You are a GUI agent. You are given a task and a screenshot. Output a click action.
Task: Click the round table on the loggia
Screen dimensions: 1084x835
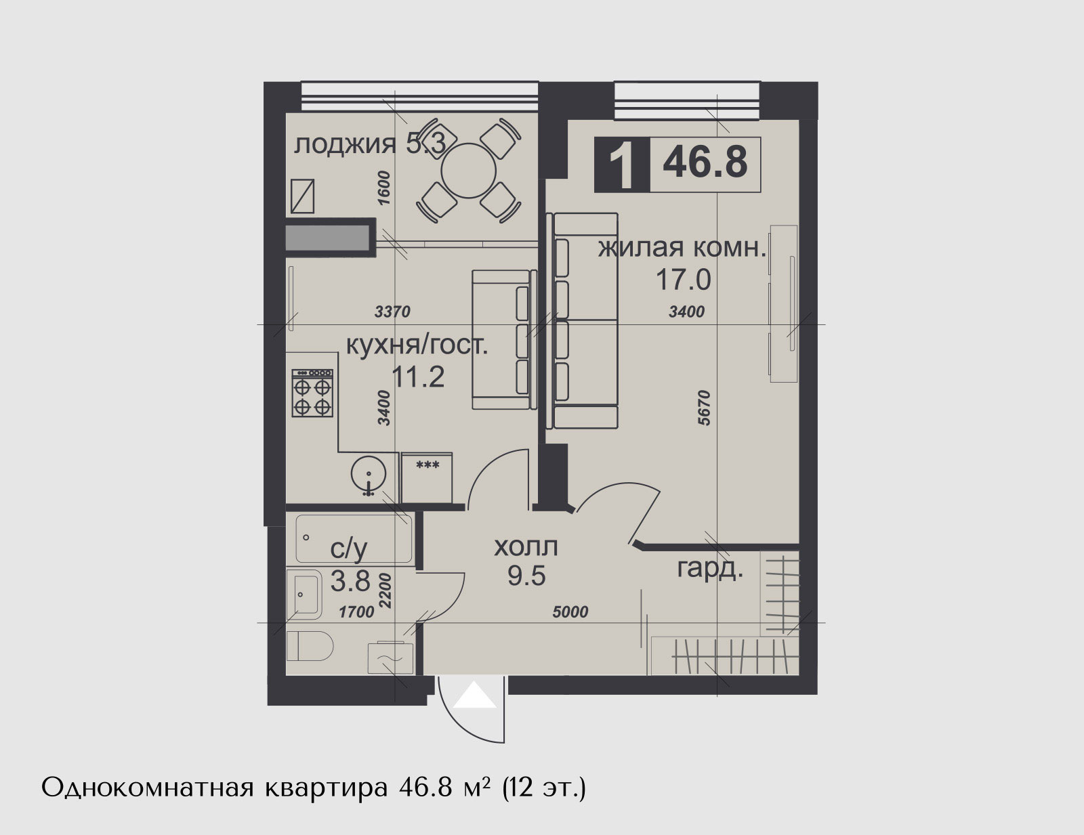(x=468, y=171)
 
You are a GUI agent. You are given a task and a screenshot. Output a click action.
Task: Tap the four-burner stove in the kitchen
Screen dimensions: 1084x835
(x=312, y=393)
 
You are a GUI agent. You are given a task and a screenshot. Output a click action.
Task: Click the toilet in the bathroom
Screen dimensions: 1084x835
(x=310, y=646)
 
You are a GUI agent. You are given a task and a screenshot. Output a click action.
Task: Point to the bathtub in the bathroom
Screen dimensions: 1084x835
(x=354, y=539)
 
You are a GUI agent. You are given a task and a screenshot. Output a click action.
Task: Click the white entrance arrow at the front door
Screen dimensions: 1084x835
(x=474, y=695)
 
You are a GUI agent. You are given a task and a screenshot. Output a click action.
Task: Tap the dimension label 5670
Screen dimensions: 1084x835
(x=704, y=408)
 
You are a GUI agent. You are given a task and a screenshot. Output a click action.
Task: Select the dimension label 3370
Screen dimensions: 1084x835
(x=392, y=312)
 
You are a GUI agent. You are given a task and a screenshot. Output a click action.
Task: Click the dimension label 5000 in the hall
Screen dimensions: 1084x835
(x=570, y=612)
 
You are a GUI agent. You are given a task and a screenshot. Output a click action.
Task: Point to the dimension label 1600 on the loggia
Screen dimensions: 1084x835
(x=383, y=188)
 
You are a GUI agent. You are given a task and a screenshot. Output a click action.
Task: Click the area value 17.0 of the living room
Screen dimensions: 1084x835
(x=683, y=280)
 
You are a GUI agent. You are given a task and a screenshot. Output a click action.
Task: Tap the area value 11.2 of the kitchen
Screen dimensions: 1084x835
(x=418, y=377)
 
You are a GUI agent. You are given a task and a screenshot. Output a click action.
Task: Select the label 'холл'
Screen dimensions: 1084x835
(x=526, y=547)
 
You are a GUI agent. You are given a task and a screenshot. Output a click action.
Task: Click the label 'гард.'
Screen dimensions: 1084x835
(x=710, y=569)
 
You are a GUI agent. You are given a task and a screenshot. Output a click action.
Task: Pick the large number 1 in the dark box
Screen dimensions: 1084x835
(x=622, y=165)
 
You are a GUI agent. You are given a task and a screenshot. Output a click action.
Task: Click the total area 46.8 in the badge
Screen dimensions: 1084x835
(x=705, y=162)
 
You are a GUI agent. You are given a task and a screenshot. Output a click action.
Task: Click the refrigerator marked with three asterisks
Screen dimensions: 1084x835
(x=427, y=478)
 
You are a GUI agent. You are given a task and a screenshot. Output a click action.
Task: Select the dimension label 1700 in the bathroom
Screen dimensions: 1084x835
(x=356, y=612)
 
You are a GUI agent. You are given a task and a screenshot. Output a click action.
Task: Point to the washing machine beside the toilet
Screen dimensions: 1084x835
(x=391, y=658)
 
